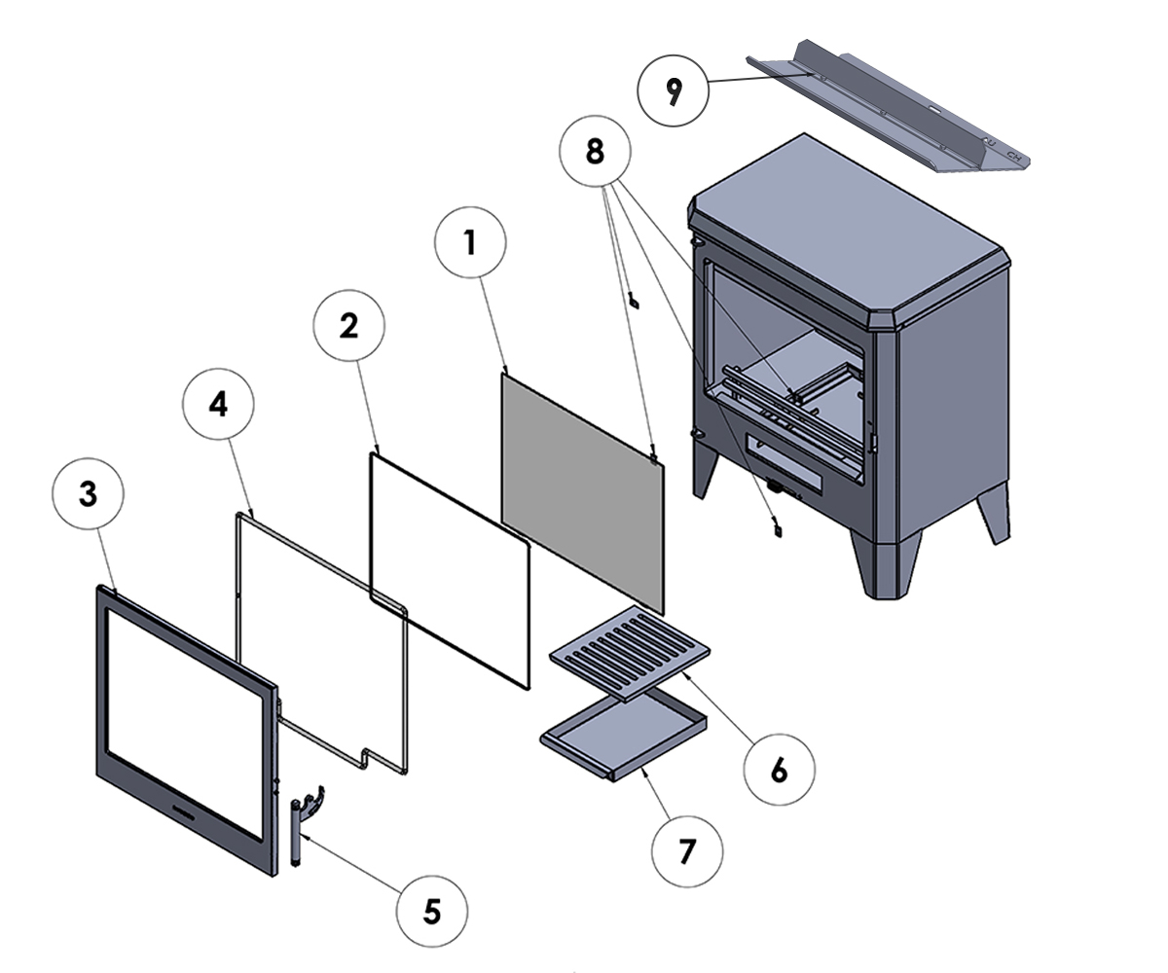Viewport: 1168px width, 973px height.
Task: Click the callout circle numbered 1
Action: pyautogui.click(x=471, y=243)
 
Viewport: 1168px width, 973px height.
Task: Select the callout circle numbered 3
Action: pyautogui.click(x=88, y=494)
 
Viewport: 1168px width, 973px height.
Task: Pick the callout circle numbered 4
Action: pyautogui.click(x=219, y=405)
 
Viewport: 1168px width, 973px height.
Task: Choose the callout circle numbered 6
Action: pyautogui.click(x=779, y=770)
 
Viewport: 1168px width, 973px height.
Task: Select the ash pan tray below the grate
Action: pyautogui.click(x=623, y=733)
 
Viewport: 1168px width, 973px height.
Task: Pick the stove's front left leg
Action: pyautogui.click(x=706, y=472)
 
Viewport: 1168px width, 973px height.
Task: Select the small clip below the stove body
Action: pyautogui.click(x=778, y=528)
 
